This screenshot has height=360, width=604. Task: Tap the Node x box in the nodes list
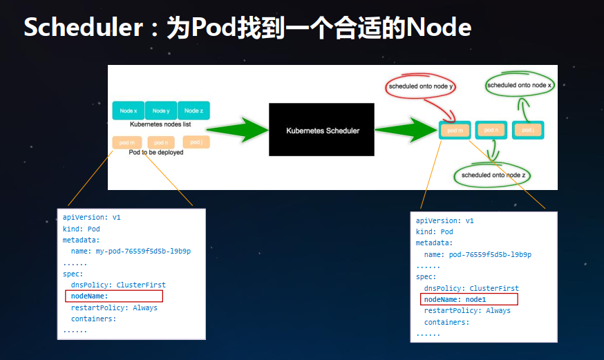(128, 111)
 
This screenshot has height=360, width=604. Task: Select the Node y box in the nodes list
(161, 111)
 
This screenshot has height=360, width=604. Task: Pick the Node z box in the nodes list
(194, 111)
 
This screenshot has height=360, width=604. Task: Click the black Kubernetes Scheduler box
(321, 129)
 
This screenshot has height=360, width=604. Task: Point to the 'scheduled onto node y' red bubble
(420, 86)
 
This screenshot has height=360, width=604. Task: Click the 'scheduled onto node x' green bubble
(520, 85)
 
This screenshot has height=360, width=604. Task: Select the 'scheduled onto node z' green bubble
(493, 176)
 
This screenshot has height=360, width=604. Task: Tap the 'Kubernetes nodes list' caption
(161, 124)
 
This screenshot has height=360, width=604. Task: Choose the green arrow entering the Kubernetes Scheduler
(238, 129)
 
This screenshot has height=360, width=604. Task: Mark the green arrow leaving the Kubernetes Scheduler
(405, 129)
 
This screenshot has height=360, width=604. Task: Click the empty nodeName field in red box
(114, 296)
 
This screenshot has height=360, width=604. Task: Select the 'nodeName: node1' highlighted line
(469, 299)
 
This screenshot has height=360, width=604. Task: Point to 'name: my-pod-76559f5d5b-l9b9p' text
(131, 251)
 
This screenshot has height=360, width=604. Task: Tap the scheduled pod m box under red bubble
(455, 130)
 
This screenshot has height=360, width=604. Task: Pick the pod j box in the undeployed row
(196, 142)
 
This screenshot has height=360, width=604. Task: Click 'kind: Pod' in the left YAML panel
(81, 228)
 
